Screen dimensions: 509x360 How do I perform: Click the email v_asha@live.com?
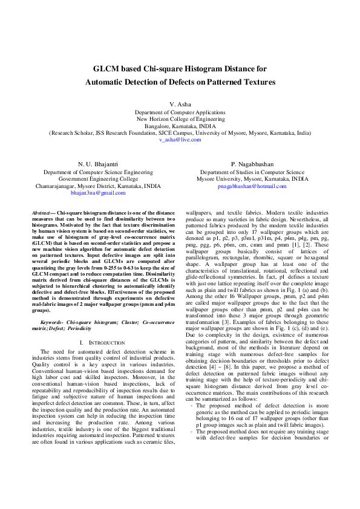[x=180, y=139]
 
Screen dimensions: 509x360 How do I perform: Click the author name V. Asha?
[x=180, y=105]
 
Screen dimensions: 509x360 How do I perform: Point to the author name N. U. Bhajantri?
[x=98, y=164]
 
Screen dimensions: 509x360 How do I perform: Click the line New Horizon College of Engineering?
[x=180, y=119]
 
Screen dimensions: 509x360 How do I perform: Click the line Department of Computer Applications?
[x=180, y=112]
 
